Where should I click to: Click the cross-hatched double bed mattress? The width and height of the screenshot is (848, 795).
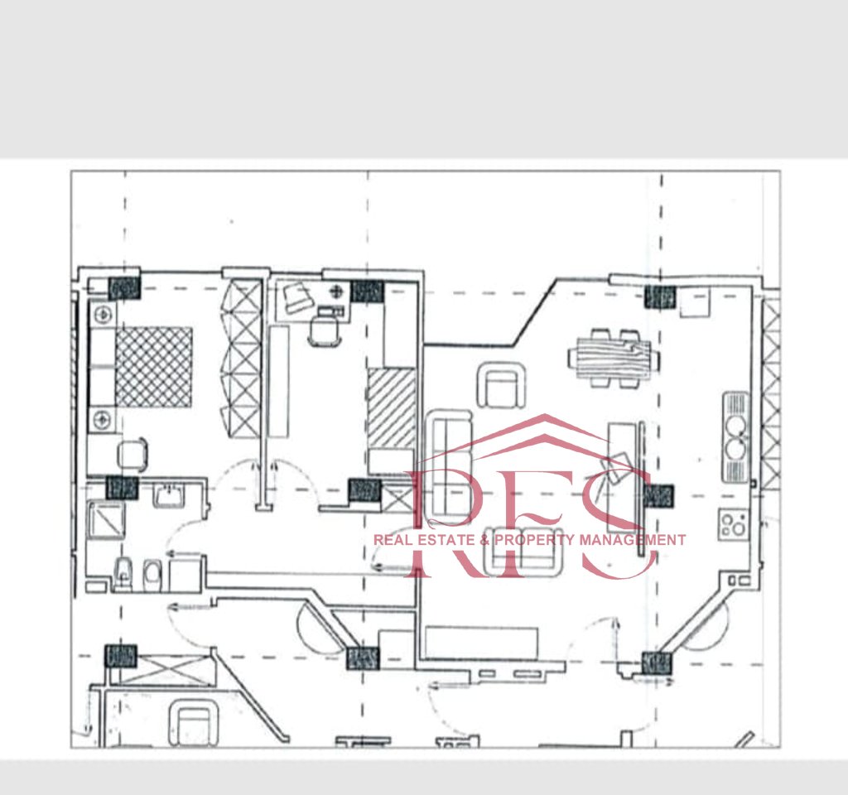(x=154, y=366)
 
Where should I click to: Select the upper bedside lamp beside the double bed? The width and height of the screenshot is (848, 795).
(x=103, y=315)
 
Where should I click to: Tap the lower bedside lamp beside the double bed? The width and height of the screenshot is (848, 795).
(x=103, y=418)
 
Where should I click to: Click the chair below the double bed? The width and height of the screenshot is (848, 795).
(x=132, y=454)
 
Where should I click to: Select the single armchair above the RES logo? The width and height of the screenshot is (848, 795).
(x=500, y=386)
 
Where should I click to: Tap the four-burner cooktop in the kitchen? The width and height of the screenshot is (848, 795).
(x=732, y=525)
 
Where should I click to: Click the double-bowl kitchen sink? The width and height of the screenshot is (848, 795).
(x=735, y=437)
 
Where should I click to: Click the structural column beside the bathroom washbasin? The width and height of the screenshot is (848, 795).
(x=122, y=489)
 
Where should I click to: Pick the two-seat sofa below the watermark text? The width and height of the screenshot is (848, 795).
(x=523, y=553)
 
